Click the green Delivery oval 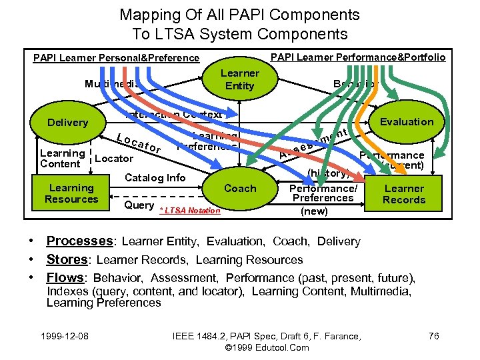point(67,123)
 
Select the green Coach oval point(240,189)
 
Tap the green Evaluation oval point(406,121)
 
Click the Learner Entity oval point(239,79)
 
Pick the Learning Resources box point(71,193)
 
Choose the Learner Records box point(404,194)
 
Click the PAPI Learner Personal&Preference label point(116,58)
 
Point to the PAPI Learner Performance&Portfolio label point(358,57)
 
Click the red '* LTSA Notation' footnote point(189,211)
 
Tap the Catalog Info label point(155,177)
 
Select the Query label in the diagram point(139,205)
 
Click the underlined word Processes point(79,241)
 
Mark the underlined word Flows point(66,277)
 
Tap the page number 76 point(433,336)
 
